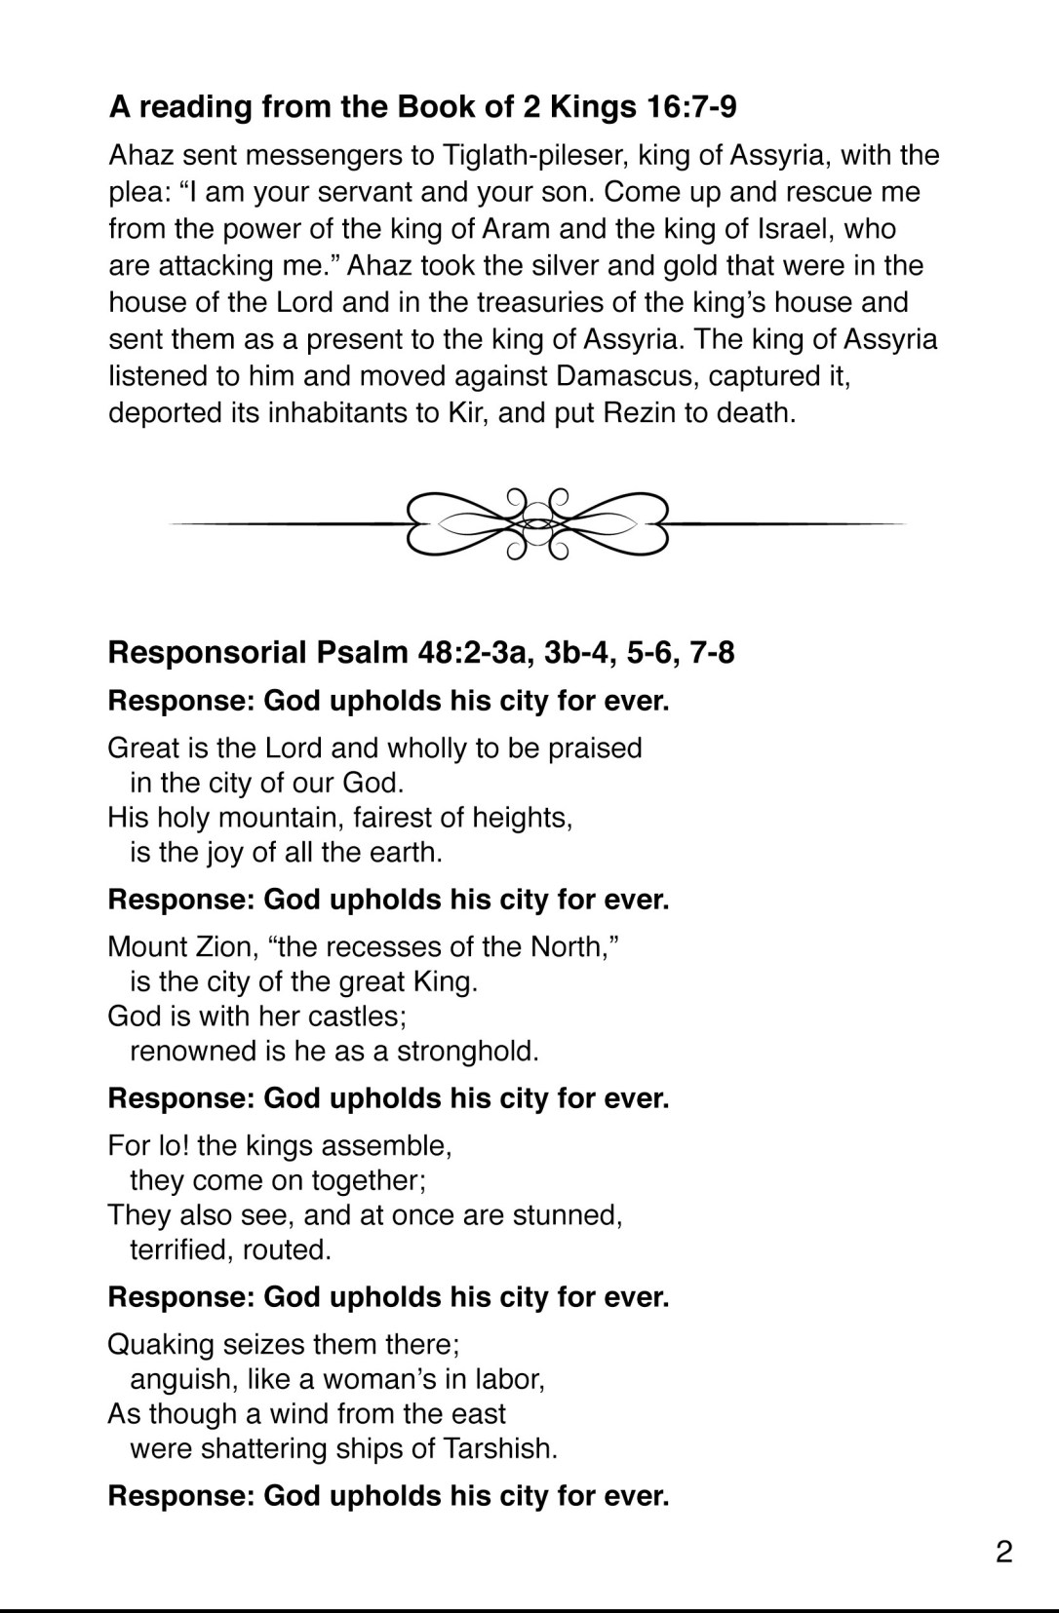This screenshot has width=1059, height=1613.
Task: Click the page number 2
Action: point(1004,1551)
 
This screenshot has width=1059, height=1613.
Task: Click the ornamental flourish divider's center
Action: point(535,523)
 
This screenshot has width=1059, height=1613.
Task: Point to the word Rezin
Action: point(640,412)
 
